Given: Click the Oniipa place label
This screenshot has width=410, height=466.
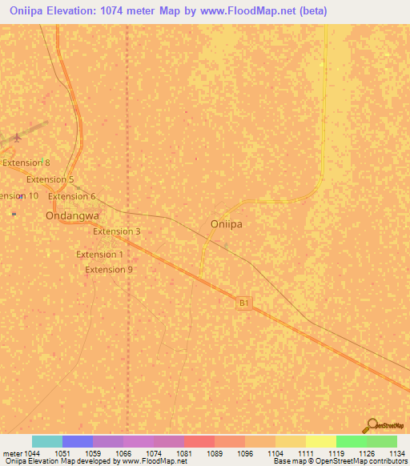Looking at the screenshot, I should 226,224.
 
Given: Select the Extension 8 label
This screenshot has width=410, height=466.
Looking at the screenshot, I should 26,163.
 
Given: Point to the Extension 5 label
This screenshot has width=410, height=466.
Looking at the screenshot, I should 50,179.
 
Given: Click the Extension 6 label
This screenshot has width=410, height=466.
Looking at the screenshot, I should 72,196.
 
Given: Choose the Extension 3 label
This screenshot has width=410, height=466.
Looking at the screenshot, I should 117,231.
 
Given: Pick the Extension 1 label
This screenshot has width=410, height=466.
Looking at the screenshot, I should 99,255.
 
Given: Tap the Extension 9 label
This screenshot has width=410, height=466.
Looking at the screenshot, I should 109,270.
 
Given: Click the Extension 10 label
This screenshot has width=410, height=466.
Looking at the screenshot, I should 18,196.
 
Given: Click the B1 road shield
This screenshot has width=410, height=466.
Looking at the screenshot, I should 245,303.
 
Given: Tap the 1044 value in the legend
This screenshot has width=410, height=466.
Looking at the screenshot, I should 32,453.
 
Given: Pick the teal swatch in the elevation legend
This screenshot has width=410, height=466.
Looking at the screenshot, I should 47,441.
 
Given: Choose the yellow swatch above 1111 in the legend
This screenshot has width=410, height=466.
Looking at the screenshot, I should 320,441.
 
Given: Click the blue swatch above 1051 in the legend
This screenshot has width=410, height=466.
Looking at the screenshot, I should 78,441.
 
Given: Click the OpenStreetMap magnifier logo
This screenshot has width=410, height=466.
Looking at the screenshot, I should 372,426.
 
